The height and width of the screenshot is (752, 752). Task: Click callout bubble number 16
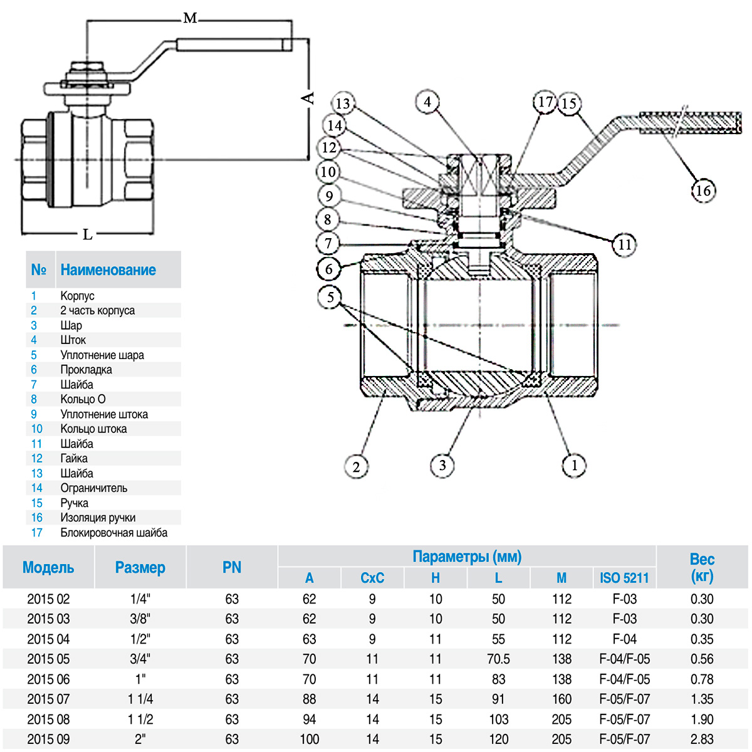(703, 191)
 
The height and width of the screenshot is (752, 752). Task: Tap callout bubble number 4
(427, 102)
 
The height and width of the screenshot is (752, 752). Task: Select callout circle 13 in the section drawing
(342, 103)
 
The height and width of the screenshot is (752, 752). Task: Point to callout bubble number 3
(442, 465)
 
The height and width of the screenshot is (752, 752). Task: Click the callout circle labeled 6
(329, 269)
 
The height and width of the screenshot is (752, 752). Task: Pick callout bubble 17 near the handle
(545, 102)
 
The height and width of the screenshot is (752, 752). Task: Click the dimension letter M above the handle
(190, 19)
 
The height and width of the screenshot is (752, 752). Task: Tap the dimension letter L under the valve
(88, 235)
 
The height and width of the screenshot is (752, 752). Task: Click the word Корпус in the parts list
(77, 296)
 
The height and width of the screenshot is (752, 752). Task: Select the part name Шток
(73, 340)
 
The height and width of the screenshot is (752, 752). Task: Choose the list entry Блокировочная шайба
(114, 533)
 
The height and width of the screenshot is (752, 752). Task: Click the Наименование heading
(108, 270)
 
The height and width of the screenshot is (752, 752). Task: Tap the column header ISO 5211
(624, 578)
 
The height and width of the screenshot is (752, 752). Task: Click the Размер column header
(140, 568)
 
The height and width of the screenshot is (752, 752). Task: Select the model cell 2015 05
(48, 659)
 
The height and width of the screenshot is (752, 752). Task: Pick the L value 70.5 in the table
(498, 659)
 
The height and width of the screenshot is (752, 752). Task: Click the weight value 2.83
(702, 739)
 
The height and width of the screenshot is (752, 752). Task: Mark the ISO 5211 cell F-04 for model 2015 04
(624, 639)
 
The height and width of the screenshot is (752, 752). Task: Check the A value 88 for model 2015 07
(309, 699)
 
